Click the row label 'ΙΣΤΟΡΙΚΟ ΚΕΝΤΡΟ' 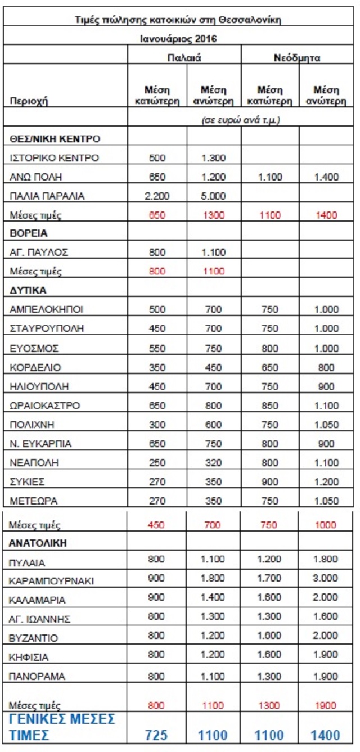pyautogui.click(x=55, y=158)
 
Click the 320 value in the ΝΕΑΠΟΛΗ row pyautogui.click(x=213, y=463)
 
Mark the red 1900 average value pyautogui.click(x=326, y=705)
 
